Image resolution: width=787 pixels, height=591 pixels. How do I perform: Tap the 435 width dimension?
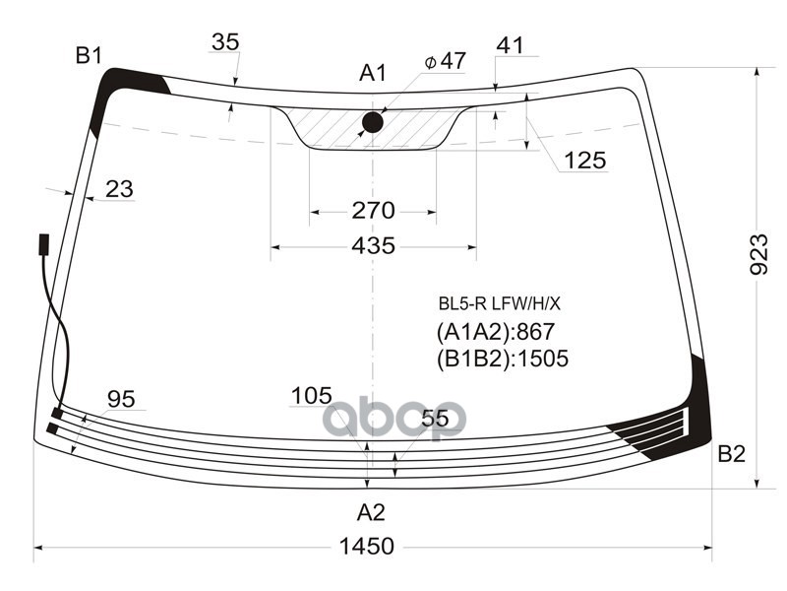373,245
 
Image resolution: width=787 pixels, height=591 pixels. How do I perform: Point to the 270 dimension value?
373,210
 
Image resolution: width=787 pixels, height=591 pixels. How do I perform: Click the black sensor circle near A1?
373,122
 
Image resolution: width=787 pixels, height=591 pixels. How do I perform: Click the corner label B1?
90,56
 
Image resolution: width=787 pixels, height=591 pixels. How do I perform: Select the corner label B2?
731,454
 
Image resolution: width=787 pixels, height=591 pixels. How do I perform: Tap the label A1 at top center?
373,73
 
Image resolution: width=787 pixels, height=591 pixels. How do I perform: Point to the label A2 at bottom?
371,512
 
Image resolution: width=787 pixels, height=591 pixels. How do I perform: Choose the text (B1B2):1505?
502,360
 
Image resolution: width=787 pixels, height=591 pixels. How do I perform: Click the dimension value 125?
585,161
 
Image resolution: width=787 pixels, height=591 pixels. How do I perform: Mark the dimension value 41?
510,44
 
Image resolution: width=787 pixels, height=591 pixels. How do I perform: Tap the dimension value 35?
225,42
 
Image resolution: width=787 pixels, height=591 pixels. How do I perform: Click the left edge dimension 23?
118,189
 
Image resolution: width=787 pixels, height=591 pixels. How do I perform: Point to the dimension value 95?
121,399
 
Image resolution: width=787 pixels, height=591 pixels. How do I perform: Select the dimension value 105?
311,396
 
